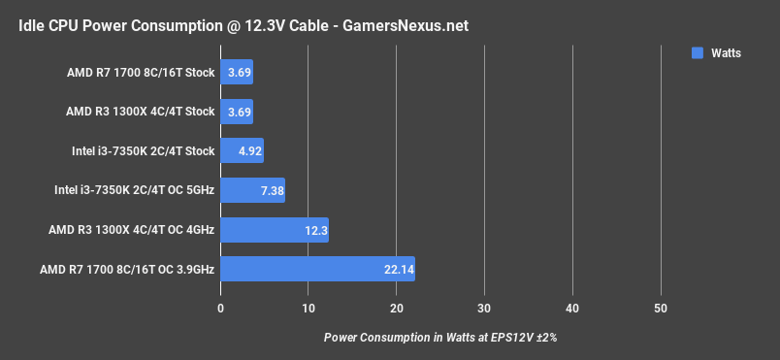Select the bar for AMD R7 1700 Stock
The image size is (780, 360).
tap(237, 72)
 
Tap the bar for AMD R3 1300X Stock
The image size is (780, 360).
tap(237, 111)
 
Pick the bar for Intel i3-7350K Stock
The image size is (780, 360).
tap(243, 150)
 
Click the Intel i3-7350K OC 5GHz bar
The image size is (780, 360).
tap(252, 190)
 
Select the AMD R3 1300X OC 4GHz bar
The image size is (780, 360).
tap(275, 229)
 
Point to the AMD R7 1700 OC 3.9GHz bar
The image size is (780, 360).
tap(317, 269)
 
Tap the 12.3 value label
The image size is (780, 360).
tap(316, 230)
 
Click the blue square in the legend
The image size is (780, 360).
tap(697, 53)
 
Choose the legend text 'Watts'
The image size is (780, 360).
tap(725, 53)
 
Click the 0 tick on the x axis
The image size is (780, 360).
tap(221, 309)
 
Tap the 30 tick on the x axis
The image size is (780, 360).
tap(484, 309)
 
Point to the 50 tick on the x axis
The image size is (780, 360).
tap(661, 309)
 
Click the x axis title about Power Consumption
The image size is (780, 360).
tap(440, 338)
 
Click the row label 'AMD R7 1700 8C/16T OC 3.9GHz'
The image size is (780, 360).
tap(128, 269)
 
